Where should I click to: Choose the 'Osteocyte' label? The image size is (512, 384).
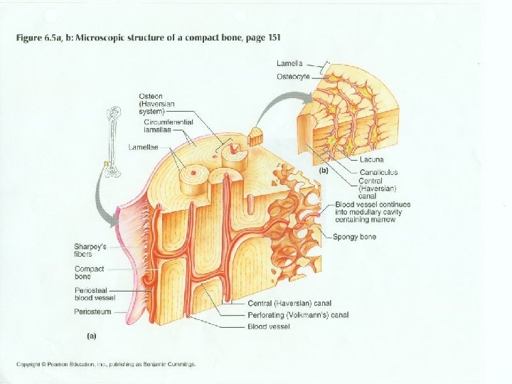pos(293,76)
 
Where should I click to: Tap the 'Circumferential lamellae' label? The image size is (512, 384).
pos(161,126)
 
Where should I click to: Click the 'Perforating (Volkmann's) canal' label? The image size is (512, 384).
pos(298,315)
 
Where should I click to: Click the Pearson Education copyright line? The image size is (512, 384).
pos(107,365)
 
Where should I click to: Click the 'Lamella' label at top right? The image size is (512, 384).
pos(290,64)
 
